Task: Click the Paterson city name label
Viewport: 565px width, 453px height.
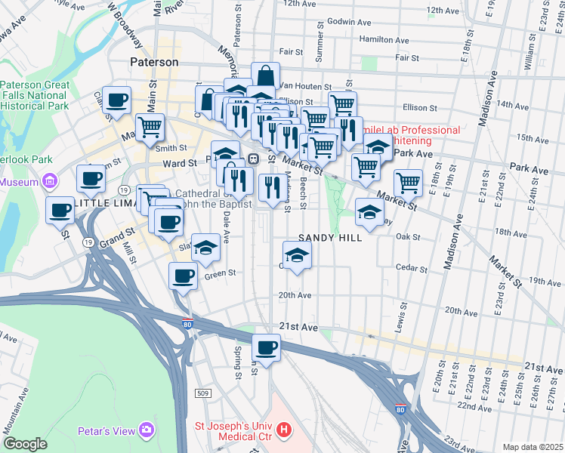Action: click(154, 62)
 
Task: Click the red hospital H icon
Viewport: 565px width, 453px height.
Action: click(284, 431)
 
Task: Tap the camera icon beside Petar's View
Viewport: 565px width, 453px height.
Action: click(146, 431)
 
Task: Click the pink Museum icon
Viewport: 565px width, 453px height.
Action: click(51, 181)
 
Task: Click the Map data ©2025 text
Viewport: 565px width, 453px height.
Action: click(533, 447)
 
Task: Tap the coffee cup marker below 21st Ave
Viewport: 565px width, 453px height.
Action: click(266, 348)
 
